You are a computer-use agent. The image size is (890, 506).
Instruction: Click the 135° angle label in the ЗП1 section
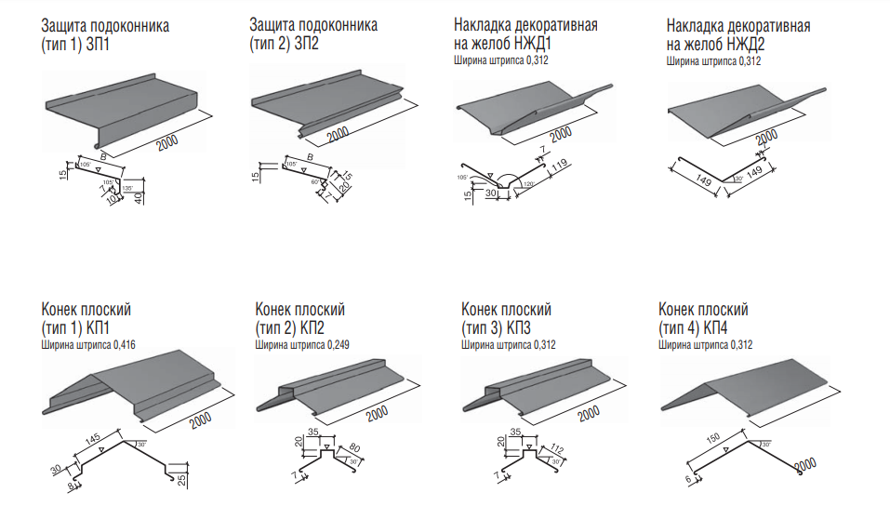pyautogui.click(x=127, y=189)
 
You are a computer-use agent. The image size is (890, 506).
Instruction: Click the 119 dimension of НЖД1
pyautogui.click(x=558, y=169)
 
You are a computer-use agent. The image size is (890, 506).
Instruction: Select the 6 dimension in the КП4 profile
pyautogui.click(x=689, y=478)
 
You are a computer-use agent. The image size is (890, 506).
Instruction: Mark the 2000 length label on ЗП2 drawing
pyautogui.click(x=338, y=133)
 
